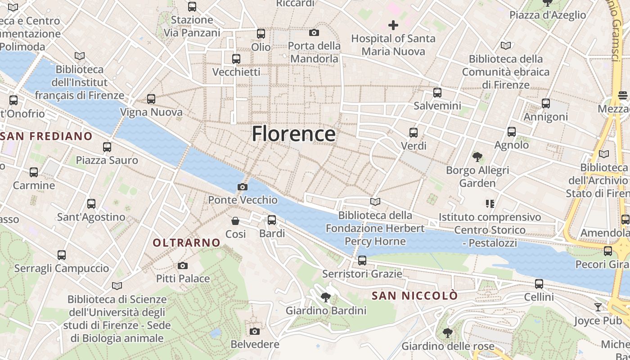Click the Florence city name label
click(293, 134)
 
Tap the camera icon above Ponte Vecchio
click(243, 187)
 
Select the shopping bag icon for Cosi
click(235, 220)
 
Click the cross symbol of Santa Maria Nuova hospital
click(393, 25)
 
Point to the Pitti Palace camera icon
click(183, 265)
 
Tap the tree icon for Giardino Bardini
click(326, 297)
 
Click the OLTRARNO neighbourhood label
click(187, 243)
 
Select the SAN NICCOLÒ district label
click(414, 296)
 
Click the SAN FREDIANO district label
click(46, 136)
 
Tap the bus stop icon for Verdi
click(414, 133)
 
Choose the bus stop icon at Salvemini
click(437, 93)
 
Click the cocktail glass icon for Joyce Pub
click(598, 307)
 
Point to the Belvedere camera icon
click(255, 331)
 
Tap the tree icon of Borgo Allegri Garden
click(477, 157)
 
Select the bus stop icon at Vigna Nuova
click(151, 99)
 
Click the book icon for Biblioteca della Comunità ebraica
click(506, 45)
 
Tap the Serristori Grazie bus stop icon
click(362, 261)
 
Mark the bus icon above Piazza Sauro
click(107, 147)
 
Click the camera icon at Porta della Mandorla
click(314, 32)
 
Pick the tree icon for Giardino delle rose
click(447, 333)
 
